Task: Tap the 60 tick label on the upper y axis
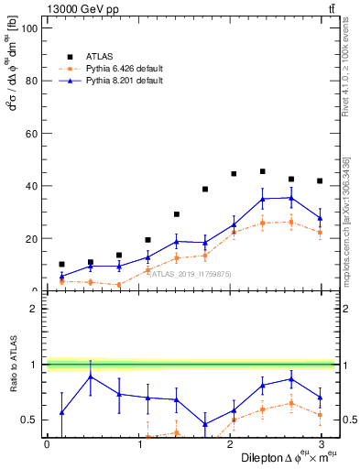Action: [x=33, y=134]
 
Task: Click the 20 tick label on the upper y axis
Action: [x=33, y=239]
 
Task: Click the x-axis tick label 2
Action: [x=230, y=443]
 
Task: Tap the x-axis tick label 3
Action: [x=322, y=443]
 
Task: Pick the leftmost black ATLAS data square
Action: [x=61, y=264]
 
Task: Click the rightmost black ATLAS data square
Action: [x=319, y=180]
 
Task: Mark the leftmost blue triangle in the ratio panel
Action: [x=61, y=412]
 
